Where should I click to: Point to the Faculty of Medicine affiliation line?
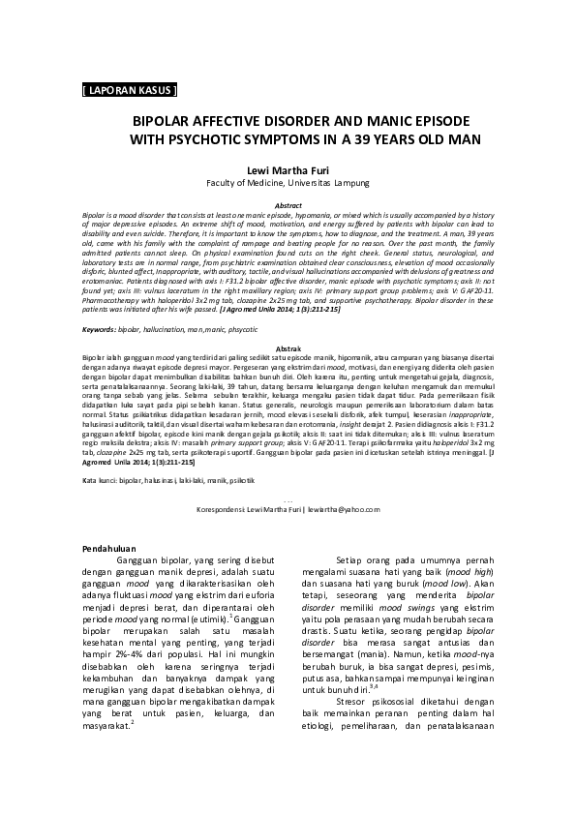[x=288, y=182]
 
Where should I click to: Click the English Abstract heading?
[x=289, y=206]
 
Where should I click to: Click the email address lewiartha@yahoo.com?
[x=345, y=508]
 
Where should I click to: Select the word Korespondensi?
[x=219, y=508]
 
